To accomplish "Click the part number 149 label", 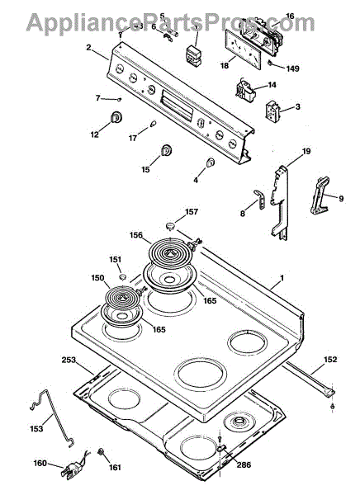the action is point(292,68).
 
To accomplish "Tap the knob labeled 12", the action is point(116,117).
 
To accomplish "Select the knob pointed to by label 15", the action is point(166,150).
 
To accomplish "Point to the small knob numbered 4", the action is point(211,162).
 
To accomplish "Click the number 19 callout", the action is point(306,151).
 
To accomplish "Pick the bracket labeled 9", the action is point(320,196).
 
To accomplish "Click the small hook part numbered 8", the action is point(260,199).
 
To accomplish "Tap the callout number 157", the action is point(192,212).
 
